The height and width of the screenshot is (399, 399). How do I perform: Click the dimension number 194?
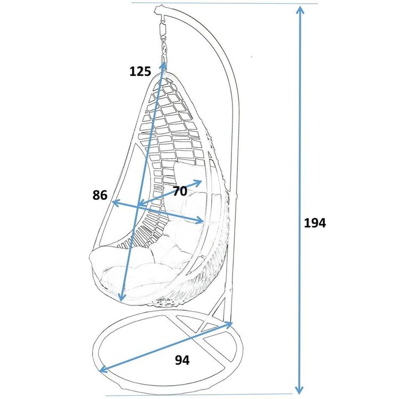315,223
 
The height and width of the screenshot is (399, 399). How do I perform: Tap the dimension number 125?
140,71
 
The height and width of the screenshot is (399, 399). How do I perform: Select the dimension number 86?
100,195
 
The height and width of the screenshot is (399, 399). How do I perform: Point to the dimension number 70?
180,191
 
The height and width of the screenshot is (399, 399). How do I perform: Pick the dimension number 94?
182,360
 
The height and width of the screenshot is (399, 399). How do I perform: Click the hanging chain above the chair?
164,48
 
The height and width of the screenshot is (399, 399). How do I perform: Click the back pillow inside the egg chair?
189,176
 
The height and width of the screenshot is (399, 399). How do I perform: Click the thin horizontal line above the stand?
225,3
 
